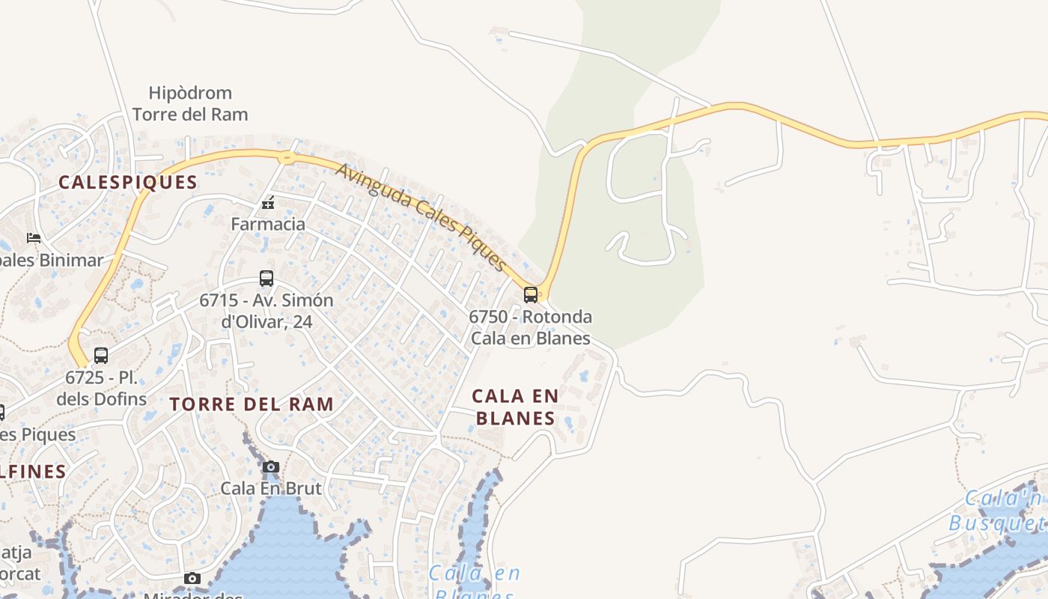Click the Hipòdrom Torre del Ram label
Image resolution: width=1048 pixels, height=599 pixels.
(190, 103)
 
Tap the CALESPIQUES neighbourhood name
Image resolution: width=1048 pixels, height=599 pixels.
(128, 182)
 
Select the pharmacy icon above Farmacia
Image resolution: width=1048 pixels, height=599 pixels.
(268, 203)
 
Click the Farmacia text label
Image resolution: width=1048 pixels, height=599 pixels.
(268, 224)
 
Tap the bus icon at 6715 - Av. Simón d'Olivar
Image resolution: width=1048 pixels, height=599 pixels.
(266, 279)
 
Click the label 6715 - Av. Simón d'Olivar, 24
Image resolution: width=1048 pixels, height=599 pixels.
(266, 311)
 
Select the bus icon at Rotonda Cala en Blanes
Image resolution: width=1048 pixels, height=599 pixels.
(531, 294)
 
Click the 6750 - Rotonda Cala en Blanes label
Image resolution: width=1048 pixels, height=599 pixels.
(531, 327)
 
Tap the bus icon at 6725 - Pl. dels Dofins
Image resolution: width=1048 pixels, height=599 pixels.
(101, 356)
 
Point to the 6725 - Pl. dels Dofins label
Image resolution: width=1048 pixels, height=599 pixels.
(102, 388)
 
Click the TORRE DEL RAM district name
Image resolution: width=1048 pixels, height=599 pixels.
(252, 404)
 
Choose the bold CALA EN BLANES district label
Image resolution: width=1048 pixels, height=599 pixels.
(516, 407)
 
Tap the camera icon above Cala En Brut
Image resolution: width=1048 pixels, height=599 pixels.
(271, 467)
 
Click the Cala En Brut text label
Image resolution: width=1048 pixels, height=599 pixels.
(271, 488)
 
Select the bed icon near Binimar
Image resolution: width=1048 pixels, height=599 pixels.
(34, 238)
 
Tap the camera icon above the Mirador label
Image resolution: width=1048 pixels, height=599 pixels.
(192, 578)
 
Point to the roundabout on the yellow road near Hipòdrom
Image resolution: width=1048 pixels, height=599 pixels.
(286, 157)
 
